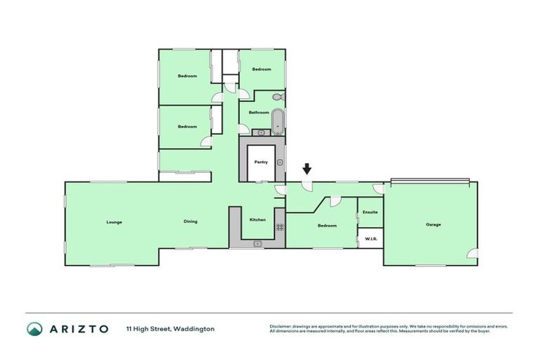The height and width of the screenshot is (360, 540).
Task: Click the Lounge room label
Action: [114, 222]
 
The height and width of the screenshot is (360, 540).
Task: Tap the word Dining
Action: [191, 221]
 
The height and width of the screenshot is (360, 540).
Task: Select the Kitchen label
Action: [258, 220]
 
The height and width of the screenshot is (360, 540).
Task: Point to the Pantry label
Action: [261, 162]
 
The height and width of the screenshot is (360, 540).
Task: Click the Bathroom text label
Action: [259, 112]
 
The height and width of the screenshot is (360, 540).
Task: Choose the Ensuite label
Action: [370, 212]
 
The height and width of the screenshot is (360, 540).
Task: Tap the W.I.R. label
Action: [371, 239]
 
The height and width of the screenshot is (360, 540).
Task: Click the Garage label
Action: [433, 225]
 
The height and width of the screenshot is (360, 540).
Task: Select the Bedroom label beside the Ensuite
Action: [327, 226]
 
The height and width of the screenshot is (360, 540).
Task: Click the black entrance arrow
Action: [307, 169]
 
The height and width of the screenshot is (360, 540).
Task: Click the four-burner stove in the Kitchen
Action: [280, 226]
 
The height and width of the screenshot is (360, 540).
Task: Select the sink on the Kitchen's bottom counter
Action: [257, 243]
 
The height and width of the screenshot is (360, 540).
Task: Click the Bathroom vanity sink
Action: [262, 131]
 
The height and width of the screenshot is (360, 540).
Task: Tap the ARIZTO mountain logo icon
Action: [34, 329]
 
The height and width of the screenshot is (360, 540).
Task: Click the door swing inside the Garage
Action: [472, 252]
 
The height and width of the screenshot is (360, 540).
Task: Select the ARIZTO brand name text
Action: [78, 329]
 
